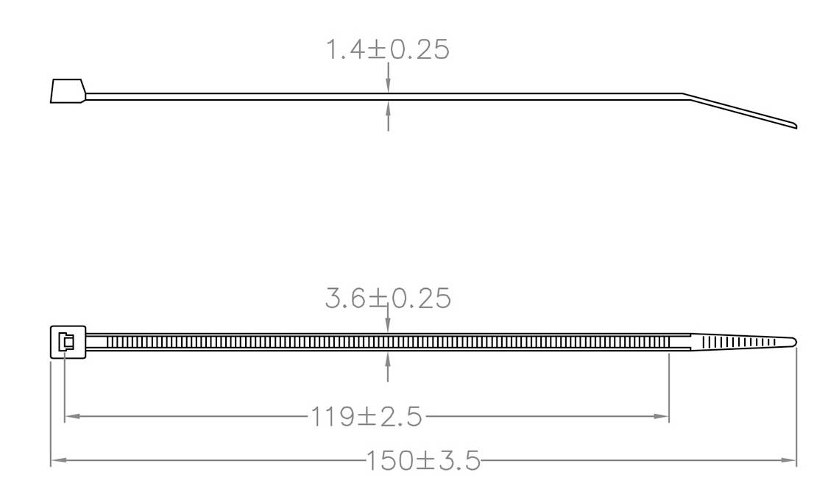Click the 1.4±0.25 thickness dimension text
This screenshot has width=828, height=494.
[387, 50]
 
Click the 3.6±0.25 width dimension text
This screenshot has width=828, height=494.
[387, 298]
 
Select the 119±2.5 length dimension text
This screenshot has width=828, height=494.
[366, 417]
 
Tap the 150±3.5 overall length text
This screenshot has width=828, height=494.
[422, 461]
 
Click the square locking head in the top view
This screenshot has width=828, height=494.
[68, 342]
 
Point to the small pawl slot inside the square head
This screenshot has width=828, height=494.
[68, 342]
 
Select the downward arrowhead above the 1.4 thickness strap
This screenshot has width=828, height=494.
[388, 87]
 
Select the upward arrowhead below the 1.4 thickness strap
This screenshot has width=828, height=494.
[388, 107]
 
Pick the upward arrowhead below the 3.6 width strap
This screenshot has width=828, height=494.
[388, 358]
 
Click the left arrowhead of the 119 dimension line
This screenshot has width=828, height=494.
[71, 417]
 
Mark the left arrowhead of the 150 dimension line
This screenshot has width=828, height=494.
[57, 461]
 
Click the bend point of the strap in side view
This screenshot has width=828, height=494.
[684, 95]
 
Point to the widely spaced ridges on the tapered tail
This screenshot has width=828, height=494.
[736, 342]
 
